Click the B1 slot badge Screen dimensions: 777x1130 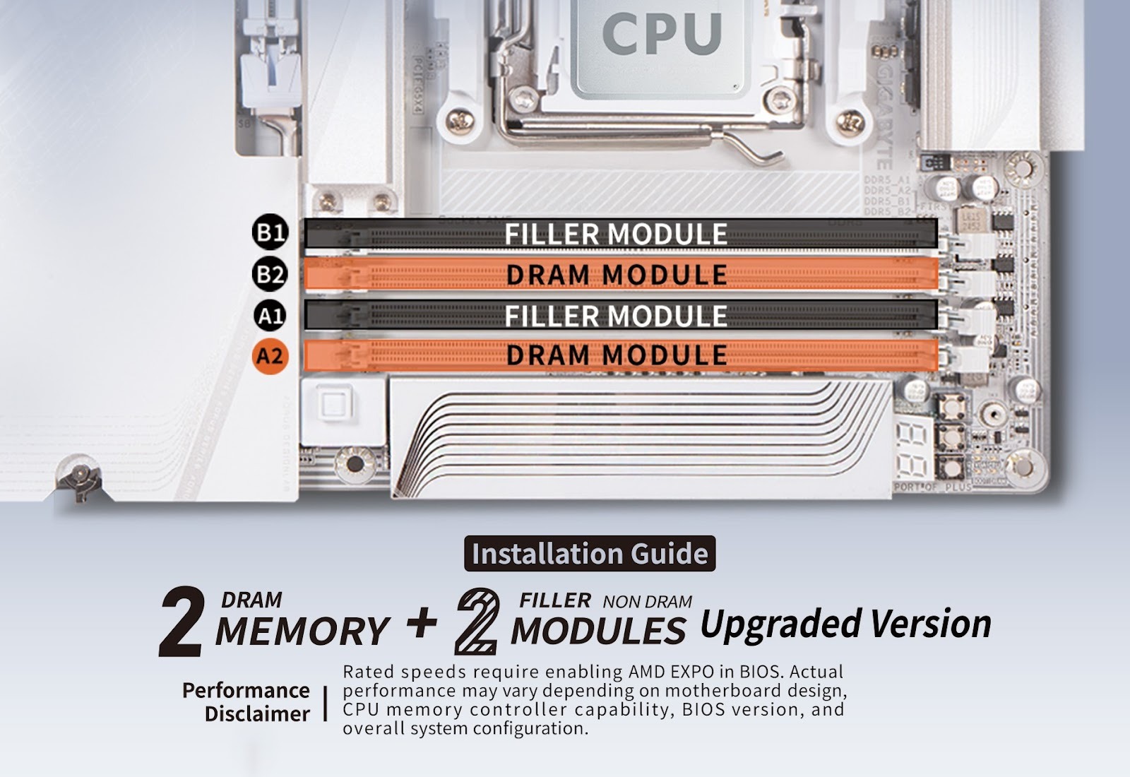click(270, 233)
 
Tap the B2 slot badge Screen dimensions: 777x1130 click(270, 274)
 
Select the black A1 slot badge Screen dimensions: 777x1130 click(270, 315)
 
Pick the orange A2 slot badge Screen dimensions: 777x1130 click(270, 355)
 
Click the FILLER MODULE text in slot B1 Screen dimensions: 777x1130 click(615, 235)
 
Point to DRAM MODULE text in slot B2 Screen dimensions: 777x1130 click(616, 275)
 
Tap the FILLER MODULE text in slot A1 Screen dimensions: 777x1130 click(615, 316)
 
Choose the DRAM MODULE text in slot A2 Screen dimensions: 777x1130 click(616, 355)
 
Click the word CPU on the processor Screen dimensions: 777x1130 click(662, 33)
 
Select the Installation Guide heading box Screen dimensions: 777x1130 click(590, 554)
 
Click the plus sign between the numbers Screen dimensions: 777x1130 click(422, 623)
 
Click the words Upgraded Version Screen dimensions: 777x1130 click(845, 624)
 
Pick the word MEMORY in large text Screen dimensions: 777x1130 click(302, 631)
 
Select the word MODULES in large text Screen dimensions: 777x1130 click(597, 631)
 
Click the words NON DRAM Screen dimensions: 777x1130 click(647, 602)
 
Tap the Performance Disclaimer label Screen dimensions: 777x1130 click(246, 701)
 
